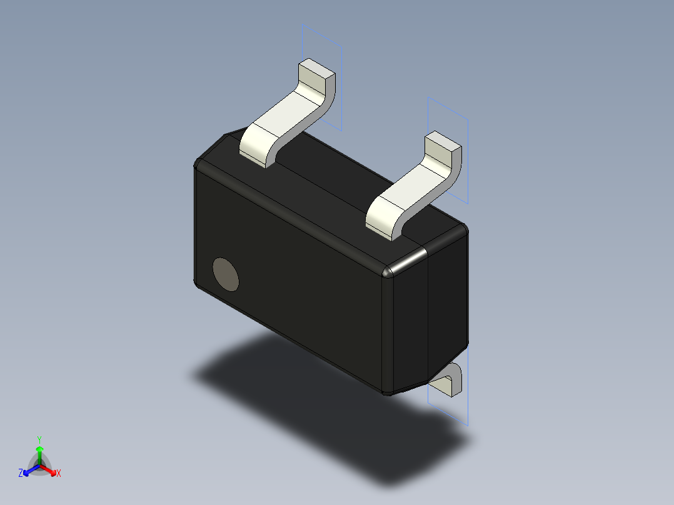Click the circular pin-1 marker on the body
pos(226,274)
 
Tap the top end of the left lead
pos(316,74)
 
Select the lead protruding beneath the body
pos(450,381)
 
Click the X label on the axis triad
pos(59,474)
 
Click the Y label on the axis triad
pos(39,439)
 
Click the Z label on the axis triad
pos(21,474)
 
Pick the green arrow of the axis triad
pos(39,453)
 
